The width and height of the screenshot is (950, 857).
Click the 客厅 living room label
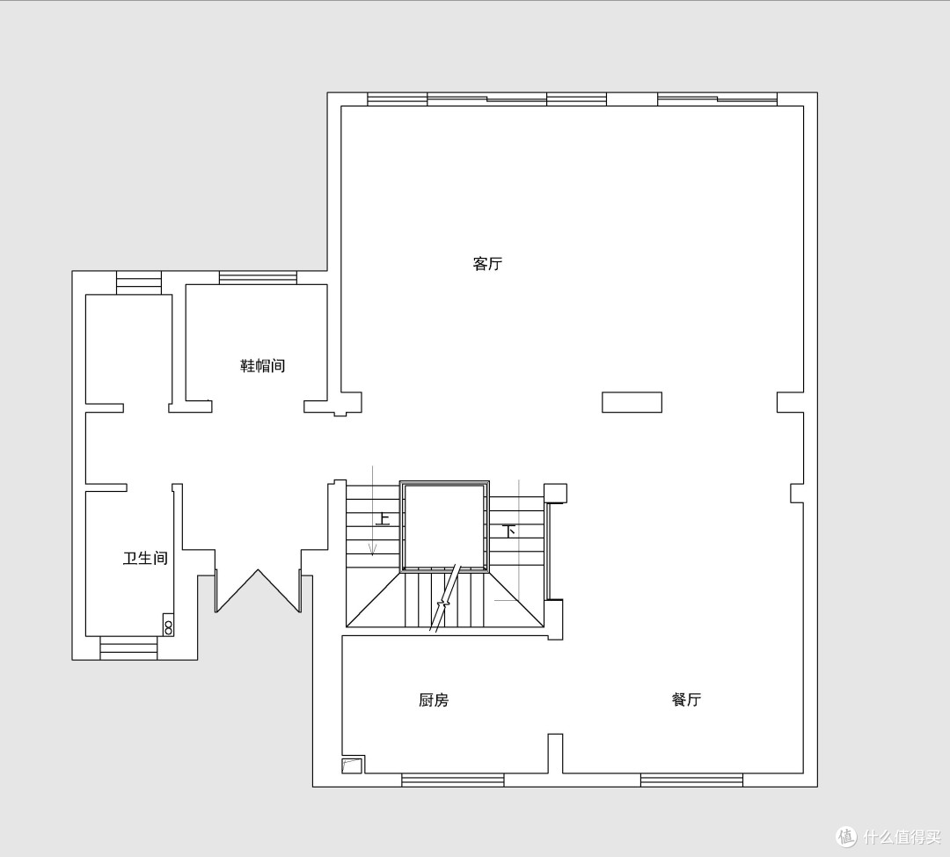tap(487, 264)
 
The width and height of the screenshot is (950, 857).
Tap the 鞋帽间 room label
tap(263, 365)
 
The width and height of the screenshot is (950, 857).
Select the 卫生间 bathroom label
tap(145, 558)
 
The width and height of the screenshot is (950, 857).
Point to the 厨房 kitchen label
tap(434, 700)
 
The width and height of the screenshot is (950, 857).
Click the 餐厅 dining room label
tap(686, 700)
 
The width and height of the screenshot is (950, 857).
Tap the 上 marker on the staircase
tap(383, 519)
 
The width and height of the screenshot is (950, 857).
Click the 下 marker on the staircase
tap(509, 531)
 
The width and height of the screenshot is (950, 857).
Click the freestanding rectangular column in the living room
tap(632, 402)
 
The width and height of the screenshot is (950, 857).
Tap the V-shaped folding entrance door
tap(258, 570)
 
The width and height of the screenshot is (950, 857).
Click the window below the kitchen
tap(453, 780)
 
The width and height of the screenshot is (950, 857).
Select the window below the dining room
tap(692, 780)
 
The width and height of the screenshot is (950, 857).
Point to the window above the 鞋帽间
tap(258, 277)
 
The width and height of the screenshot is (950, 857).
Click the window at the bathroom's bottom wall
tap(128, 648)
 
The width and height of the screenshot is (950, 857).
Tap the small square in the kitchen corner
tap(352, 765)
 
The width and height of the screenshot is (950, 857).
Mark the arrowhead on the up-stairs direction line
tap(373, 550)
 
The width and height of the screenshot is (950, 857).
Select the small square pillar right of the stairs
tap(556, 494)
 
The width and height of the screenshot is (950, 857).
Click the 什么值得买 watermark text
tap(902, 837)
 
